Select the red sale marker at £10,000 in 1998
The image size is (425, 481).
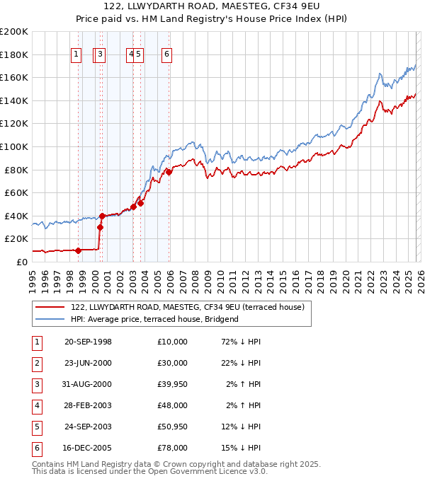coord(79,250)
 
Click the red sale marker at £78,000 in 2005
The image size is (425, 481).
coord(169,172)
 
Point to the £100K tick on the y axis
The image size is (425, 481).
coord(14,146)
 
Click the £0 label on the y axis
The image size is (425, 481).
coord(21,262)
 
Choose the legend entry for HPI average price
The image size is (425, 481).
coord(154,319)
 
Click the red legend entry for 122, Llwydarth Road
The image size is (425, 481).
coord(187,307)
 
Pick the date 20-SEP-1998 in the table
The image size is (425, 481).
coord(88,342)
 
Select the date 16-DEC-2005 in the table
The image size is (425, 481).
coord(88,448)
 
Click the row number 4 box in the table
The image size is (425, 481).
coord(38,405)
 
